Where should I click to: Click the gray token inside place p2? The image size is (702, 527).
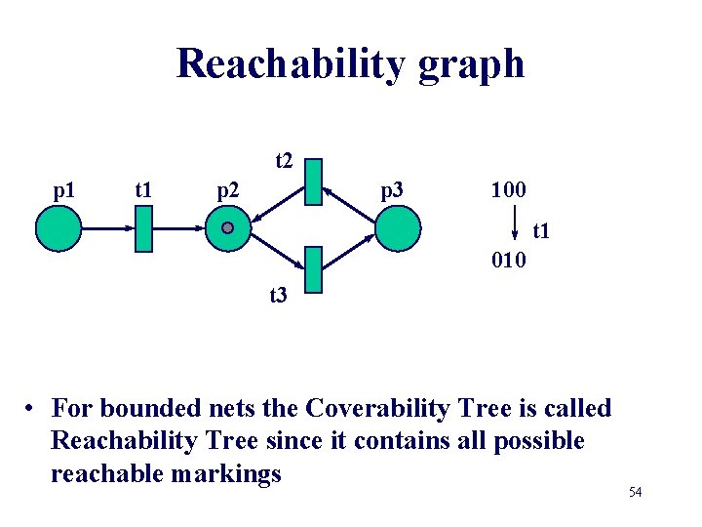pyautogui.click(x=227, y=227)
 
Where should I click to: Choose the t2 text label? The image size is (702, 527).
pyautogui.click(x=284, y=159)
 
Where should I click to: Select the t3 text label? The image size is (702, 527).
pyautogui.click(x=278, y=294)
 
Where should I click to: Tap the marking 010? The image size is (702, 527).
pyautogui.click(x=508, y=261)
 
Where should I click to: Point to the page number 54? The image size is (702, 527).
pyautogui.click(x=635, y=492)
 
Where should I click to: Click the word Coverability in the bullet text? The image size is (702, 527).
pyautogui.click(x=322, y=408)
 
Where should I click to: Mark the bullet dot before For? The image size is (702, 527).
pyautogui.click(x=32, y=409)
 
